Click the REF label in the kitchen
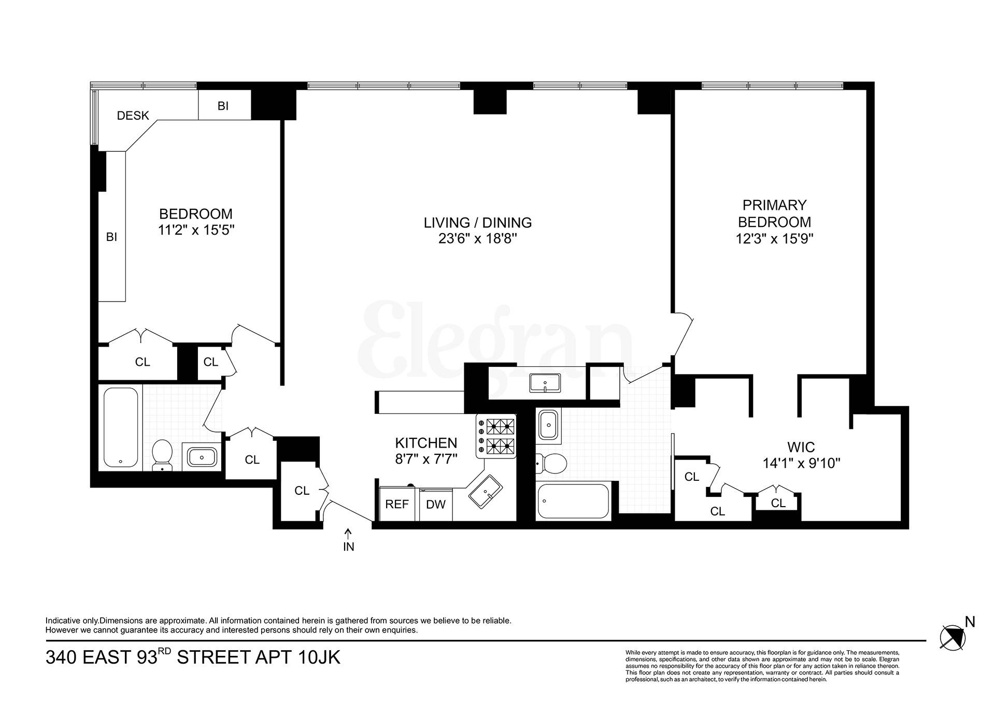pyautogui.click(x=397, y=504)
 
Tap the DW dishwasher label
pyautogui.click(x=436, y=504)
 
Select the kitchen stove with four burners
pyautogui.click(x=496, y=436)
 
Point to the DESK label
pyautogui.click(x=133, y=116)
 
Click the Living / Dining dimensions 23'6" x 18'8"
pyautogui.click(x=477, y=239)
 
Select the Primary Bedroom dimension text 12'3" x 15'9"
pyautogui.click(x=774, y=239)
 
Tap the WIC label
pyautogui.click(x=801, y=447)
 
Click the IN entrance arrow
pyautogui.click(x=348, y=533)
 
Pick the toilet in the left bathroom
pyautogui.click(x=162, y=455)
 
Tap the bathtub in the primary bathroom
pyautogui.click(x=573, y=501)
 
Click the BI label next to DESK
pyautogui.click(x=223, y=106)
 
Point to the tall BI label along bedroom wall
pyautogui.click(x=111, y=237)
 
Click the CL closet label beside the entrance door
pyautogui.click(x=302, y=491)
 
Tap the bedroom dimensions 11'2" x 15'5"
pyautogui.click(x=196, y=230)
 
